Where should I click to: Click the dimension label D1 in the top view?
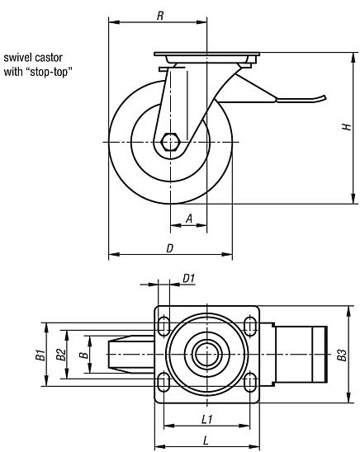coord(188,278)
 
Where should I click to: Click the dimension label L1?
coord(208,420)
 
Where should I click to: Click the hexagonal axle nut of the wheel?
coord(171,142)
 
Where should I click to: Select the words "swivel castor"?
coord(34,58)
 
